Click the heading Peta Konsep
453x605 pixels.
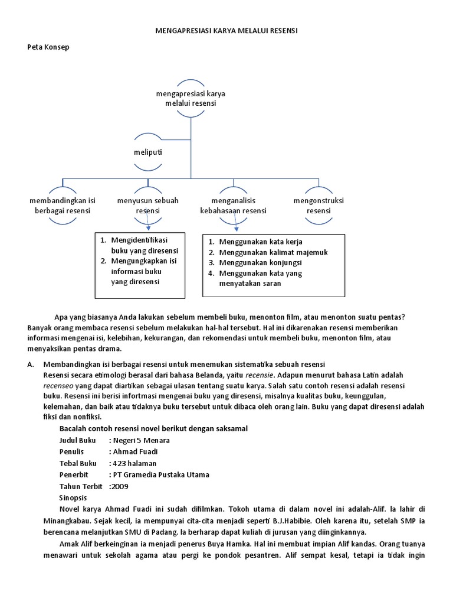[48, 47]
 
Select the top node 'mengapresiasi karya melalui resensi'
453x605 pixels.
[191, 99]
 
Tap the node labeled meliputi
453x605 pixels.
[147, 152]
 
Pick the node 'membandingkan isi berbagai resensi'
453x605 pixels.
[63, 206]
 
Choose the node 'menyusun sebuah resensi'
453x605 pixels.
[147, 206]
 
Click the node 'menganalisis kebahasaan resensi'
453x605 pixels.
[233, 206]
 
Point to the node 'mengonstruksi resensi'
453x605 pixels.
[319, 206]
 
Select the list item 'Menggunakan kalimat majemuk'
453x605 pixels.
[273, 252]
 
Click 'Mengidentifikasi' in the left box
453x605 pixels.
[139, 240]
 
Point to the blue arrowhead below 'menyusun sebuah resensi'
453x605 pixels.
[149, 227]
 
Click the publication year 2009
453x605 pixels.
[119, 486]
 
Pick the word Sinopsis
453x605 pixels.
[74, 498]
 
